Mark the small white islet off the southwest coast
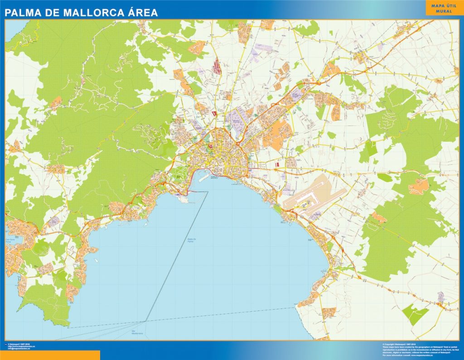pos(97,260)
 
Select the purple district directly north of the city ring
pos(236,120)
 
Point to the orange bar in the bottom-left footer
pos(50,355)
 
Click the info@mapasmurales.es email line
pos(21,349)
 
